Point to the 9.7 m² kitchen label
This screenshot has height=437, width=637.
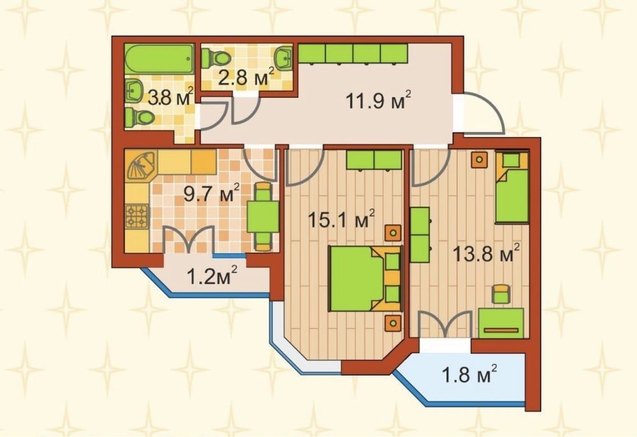[x=211, y=193]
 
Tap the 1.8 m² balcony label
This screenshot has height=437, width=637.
[x=469, y=375]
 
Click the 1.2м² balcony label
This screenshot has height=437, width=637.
[x=211, y=276]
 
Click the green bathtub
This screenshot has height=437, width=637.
[x=159, y=59]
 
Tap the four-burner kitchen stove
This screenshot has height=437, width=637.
[x=138, y=217]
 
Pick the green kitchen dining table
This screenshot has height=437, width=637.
[x=263, y=217]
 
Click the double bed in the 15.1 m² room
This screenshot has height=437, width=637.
[x=364, y=279]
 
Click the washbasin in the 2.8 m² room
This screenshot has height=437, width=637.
[x=283, y=57]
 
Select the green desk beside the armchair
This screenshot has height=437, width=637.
[x=501, y=323]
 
